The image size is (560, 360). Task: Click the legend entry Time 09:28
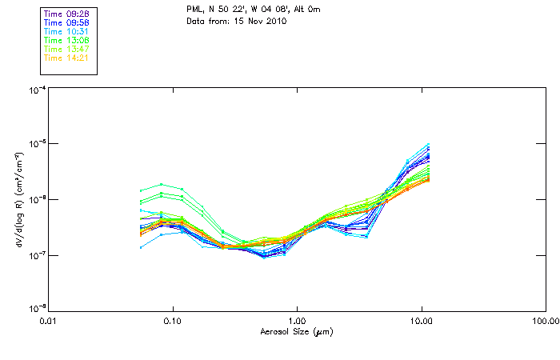(x=66, y=13)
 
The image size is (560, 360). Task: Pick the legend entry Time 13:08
(x=66, y=39)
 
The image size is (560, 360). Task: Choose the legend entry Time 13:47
(x=66, y=49)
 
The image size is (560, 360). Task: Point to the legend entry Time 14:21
(x=66, y=58)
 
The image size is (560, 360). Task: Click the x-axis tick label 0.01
(x=49, y=322)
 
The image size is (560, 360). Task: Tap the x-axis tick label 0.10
(x=173, y=322)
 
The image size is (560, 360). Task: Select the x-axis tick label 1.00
(x=298, y=322)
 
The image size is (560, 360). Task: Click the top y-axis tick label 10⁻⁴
(x=36, y=90)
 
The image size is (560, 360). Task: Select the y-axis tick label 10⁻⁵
(x=36, y=145)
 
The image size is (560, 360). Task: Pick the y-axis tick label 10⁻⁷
(x=36, y=255)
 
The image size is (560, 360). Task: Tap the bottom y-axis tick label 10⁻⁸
(x=36, y=310)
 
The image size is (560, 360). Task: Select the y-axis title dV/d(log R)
(x=15, y=199)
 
